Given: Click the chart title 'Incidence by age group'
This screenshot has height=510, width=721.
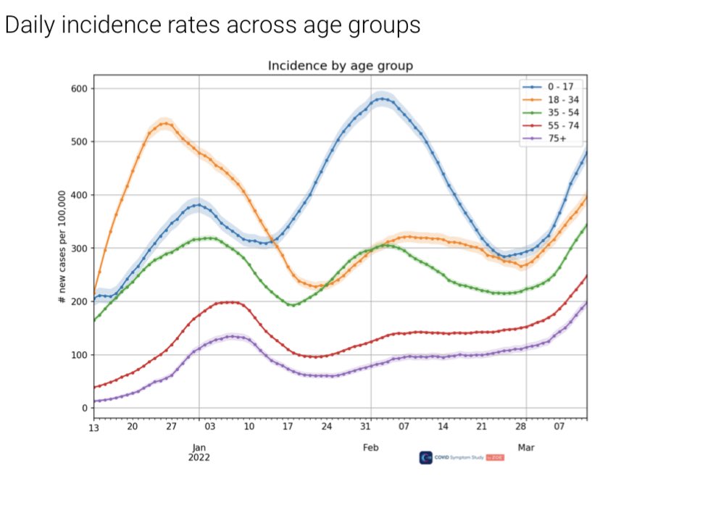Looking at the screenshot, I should [340, 66].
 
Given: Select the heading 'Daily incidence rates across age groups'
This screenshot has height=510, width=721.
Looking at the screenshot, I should [212, 25].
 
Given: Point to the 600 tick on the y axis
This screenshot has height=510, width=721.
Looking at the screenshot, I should [78, 89].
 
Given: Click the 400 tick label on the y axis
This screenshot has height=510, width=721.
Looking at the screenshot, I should [78, 196].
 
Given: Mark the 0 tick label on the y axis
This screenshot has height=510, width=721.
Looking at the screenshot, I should [83, 409].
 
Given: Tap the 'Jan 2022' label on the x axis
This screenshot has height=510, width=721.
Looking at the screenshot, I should [199, 453].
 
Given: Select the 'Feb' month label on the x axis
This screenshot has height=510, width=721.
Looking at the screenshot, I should [370, 448].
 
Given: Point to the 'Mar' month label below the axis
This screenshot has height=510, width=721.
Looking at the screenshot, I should [526, 448].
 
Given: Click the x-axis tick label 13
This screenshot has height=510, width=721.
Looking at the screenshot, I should [93, 427].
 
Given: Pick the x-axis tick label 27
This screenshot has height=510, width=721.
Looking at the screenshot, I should [171, 427].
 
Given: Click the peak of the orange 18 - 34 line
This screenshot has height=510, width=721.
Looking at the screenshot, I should [166, 123].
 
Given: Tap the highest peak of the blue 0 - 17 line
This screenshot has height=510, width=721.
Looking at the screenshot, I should [381, 99].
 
